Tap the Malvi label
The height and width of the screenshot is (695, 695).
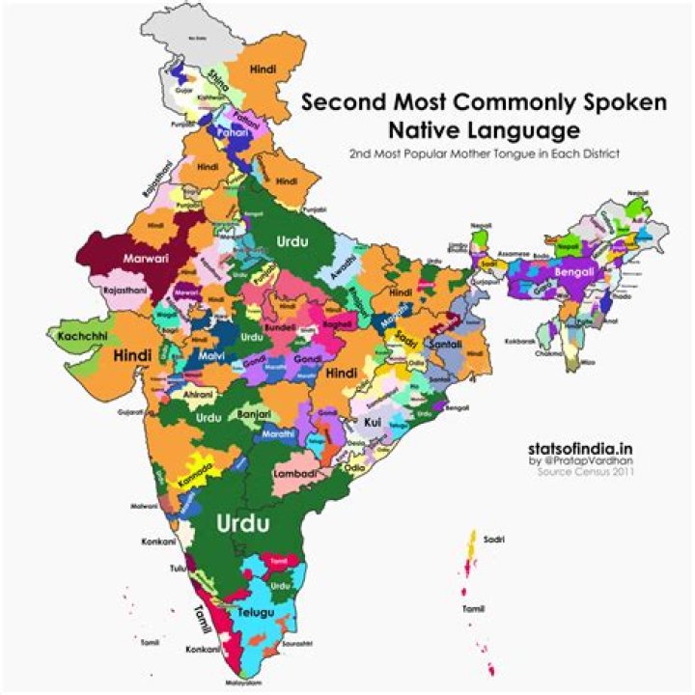pos(211,356)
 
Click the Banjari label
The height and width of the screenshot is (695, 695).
pos(254,414)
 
